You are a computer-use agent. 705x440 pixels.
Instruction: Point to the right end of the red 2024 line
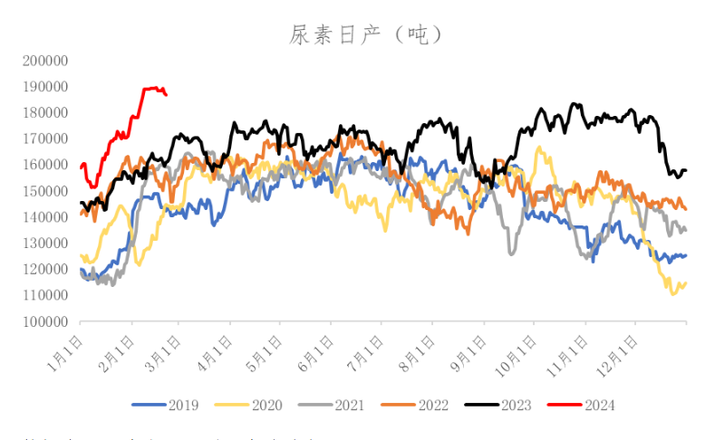[166, 94]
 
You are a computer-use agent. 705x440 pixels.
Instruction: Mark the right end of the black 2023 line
[686, 170]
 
